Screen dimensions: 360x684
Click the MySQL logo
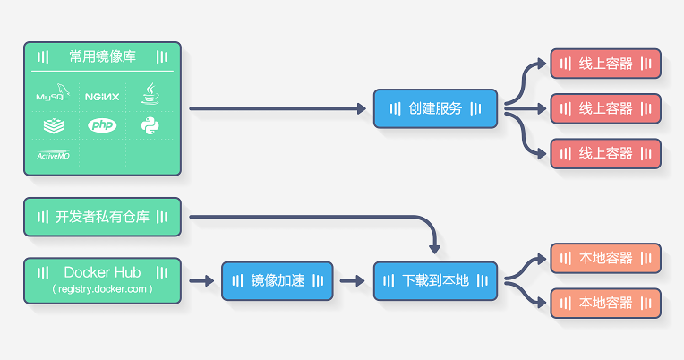(x=54, y=93)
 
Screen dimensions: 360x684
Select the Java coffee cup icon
(x=150, y=93)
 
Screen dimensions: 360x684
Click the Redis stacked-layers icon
(x=54, y=125)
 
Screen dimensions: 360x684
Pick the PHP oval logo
(x=102, y=125)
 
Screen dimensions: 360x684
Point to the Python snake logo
(x=150, y=125)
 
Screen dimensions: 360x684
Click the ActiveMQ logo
(x=54, y=154)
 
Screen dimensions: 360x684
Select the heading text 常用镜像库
(x=102, y=56)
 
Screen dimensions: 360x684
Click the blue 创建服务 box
(x=435, y=108)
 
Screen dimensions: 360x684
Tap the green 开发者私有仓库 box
(x=102, y=217)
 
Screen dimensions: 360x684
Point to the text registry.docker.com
(x=102, y=289)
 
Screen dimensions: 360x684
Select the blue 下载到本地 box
(x=435, y=280)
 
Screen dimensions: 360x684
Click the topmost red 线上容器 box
(x=605, y=64)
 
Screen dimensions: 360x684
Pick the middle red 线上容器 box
(x=605, y=108)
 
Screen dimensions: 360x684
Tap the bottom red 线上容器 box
(x=605, y=153)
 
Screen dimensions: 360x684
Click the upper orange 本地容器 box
(x=605, y=258)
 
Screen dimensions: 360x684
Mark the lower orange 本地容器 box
(x=605, y=303)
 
